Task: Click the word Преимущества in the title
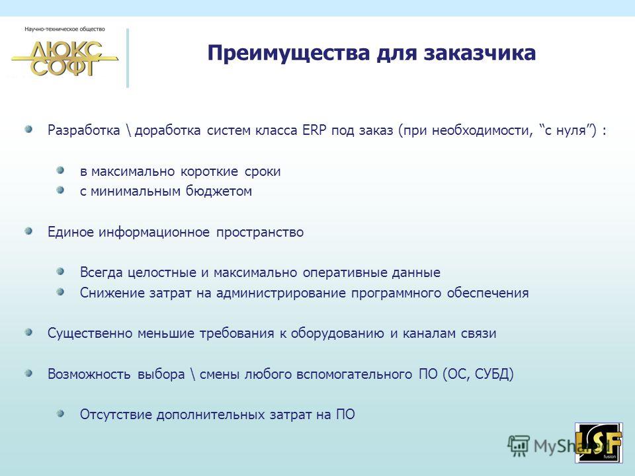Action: [x=289, y=54]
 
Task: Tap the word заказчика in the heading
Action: [x=480, y=53]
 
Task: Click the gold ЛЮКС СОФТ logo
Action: [x=65, y=58]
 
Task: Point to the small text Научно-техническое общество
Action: [x=65, y=29]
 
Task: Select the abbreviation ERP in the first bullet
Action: [x=314, y=130]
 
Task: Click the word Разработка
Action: [x=84, y=130]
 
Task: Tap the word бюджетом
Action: [x=219, y=191]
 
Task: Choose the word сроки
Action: [x=263, y=172]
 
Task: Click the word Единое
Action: [x=71, y=232]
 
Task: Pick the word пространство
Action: [x=259, y=232]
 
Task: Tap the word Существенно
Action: [x=89, y=333]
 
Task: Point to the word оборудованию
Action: [x=337, y=333]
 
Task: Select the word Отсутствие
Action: [x=116, y=415]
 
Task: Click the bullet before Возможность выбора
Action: [x=28, y=373]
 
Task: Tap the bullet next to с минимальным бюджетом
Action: [x=61, y=190]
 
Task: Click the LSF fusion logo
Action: [x=599, y=443]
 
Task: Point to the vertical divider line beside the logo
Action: [x=128, y=58]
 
